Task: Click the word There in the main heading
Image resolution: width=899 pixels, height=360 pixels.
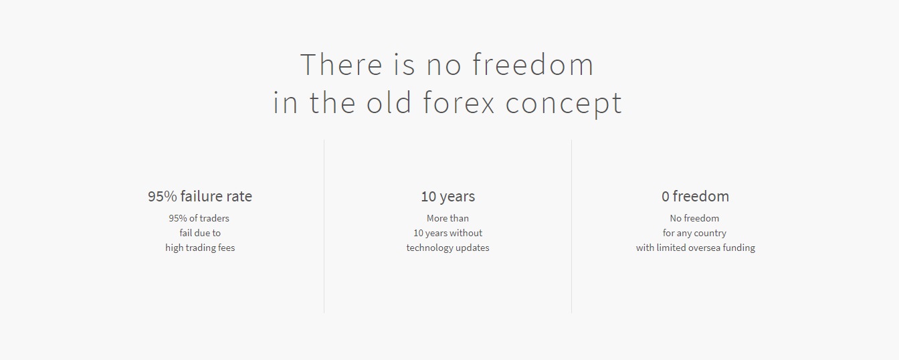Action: pos(341,64)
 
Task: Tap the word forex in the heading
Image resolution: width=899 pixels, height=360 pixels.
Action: pos(459,102)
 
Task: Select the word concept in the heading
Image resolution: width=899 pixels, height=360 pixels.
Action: pos(563,105)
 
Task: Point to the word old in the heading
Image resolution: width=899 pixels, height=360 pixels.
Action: pos(389,102)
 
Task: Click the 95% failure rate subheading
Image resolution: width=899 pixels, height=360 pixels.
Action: pos(200,196)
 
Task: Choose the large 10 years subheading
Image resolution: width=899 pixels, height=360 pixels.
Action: pos(448,196)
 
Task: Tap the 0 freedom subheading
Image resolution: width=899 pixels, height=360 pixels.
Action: pos(695,196)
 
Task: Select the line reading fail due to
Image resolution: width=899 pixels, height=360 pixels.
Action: pos(200,233)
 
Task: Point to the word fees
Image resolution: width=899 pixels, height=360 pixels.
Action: pos(226,248)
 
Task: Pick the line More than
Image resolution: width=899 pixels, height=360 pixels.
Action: pos(447,218)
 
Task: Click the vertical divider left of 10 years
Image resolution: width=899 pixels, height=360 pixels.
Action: pos(324,226)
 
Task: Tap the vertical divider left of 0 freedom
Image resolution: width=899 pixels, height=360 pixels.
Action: pos(571,226)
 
